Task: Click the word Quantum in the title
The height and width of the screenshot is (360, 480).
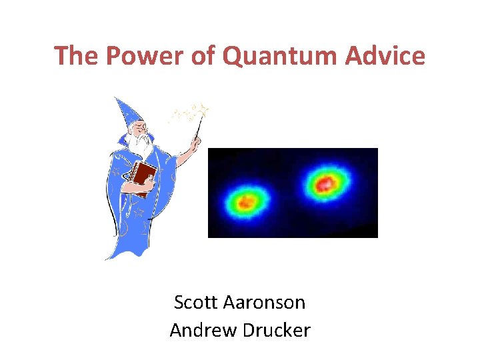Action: point(280,56)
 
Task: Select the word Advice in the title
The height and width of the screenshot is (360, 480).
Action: point(385,56)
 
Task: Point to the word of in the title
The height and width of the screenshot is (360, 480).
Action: point(205,56)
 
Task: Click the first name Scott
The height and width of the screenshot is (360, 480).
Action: point(195,302)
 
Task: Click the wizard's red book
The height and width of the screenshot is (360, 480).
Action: point(143,175)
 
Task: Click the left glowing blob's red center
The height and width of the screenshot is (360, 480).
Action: point(245,200)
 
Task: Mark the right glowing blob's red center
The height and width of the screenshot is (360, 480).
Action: point(325,181)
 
